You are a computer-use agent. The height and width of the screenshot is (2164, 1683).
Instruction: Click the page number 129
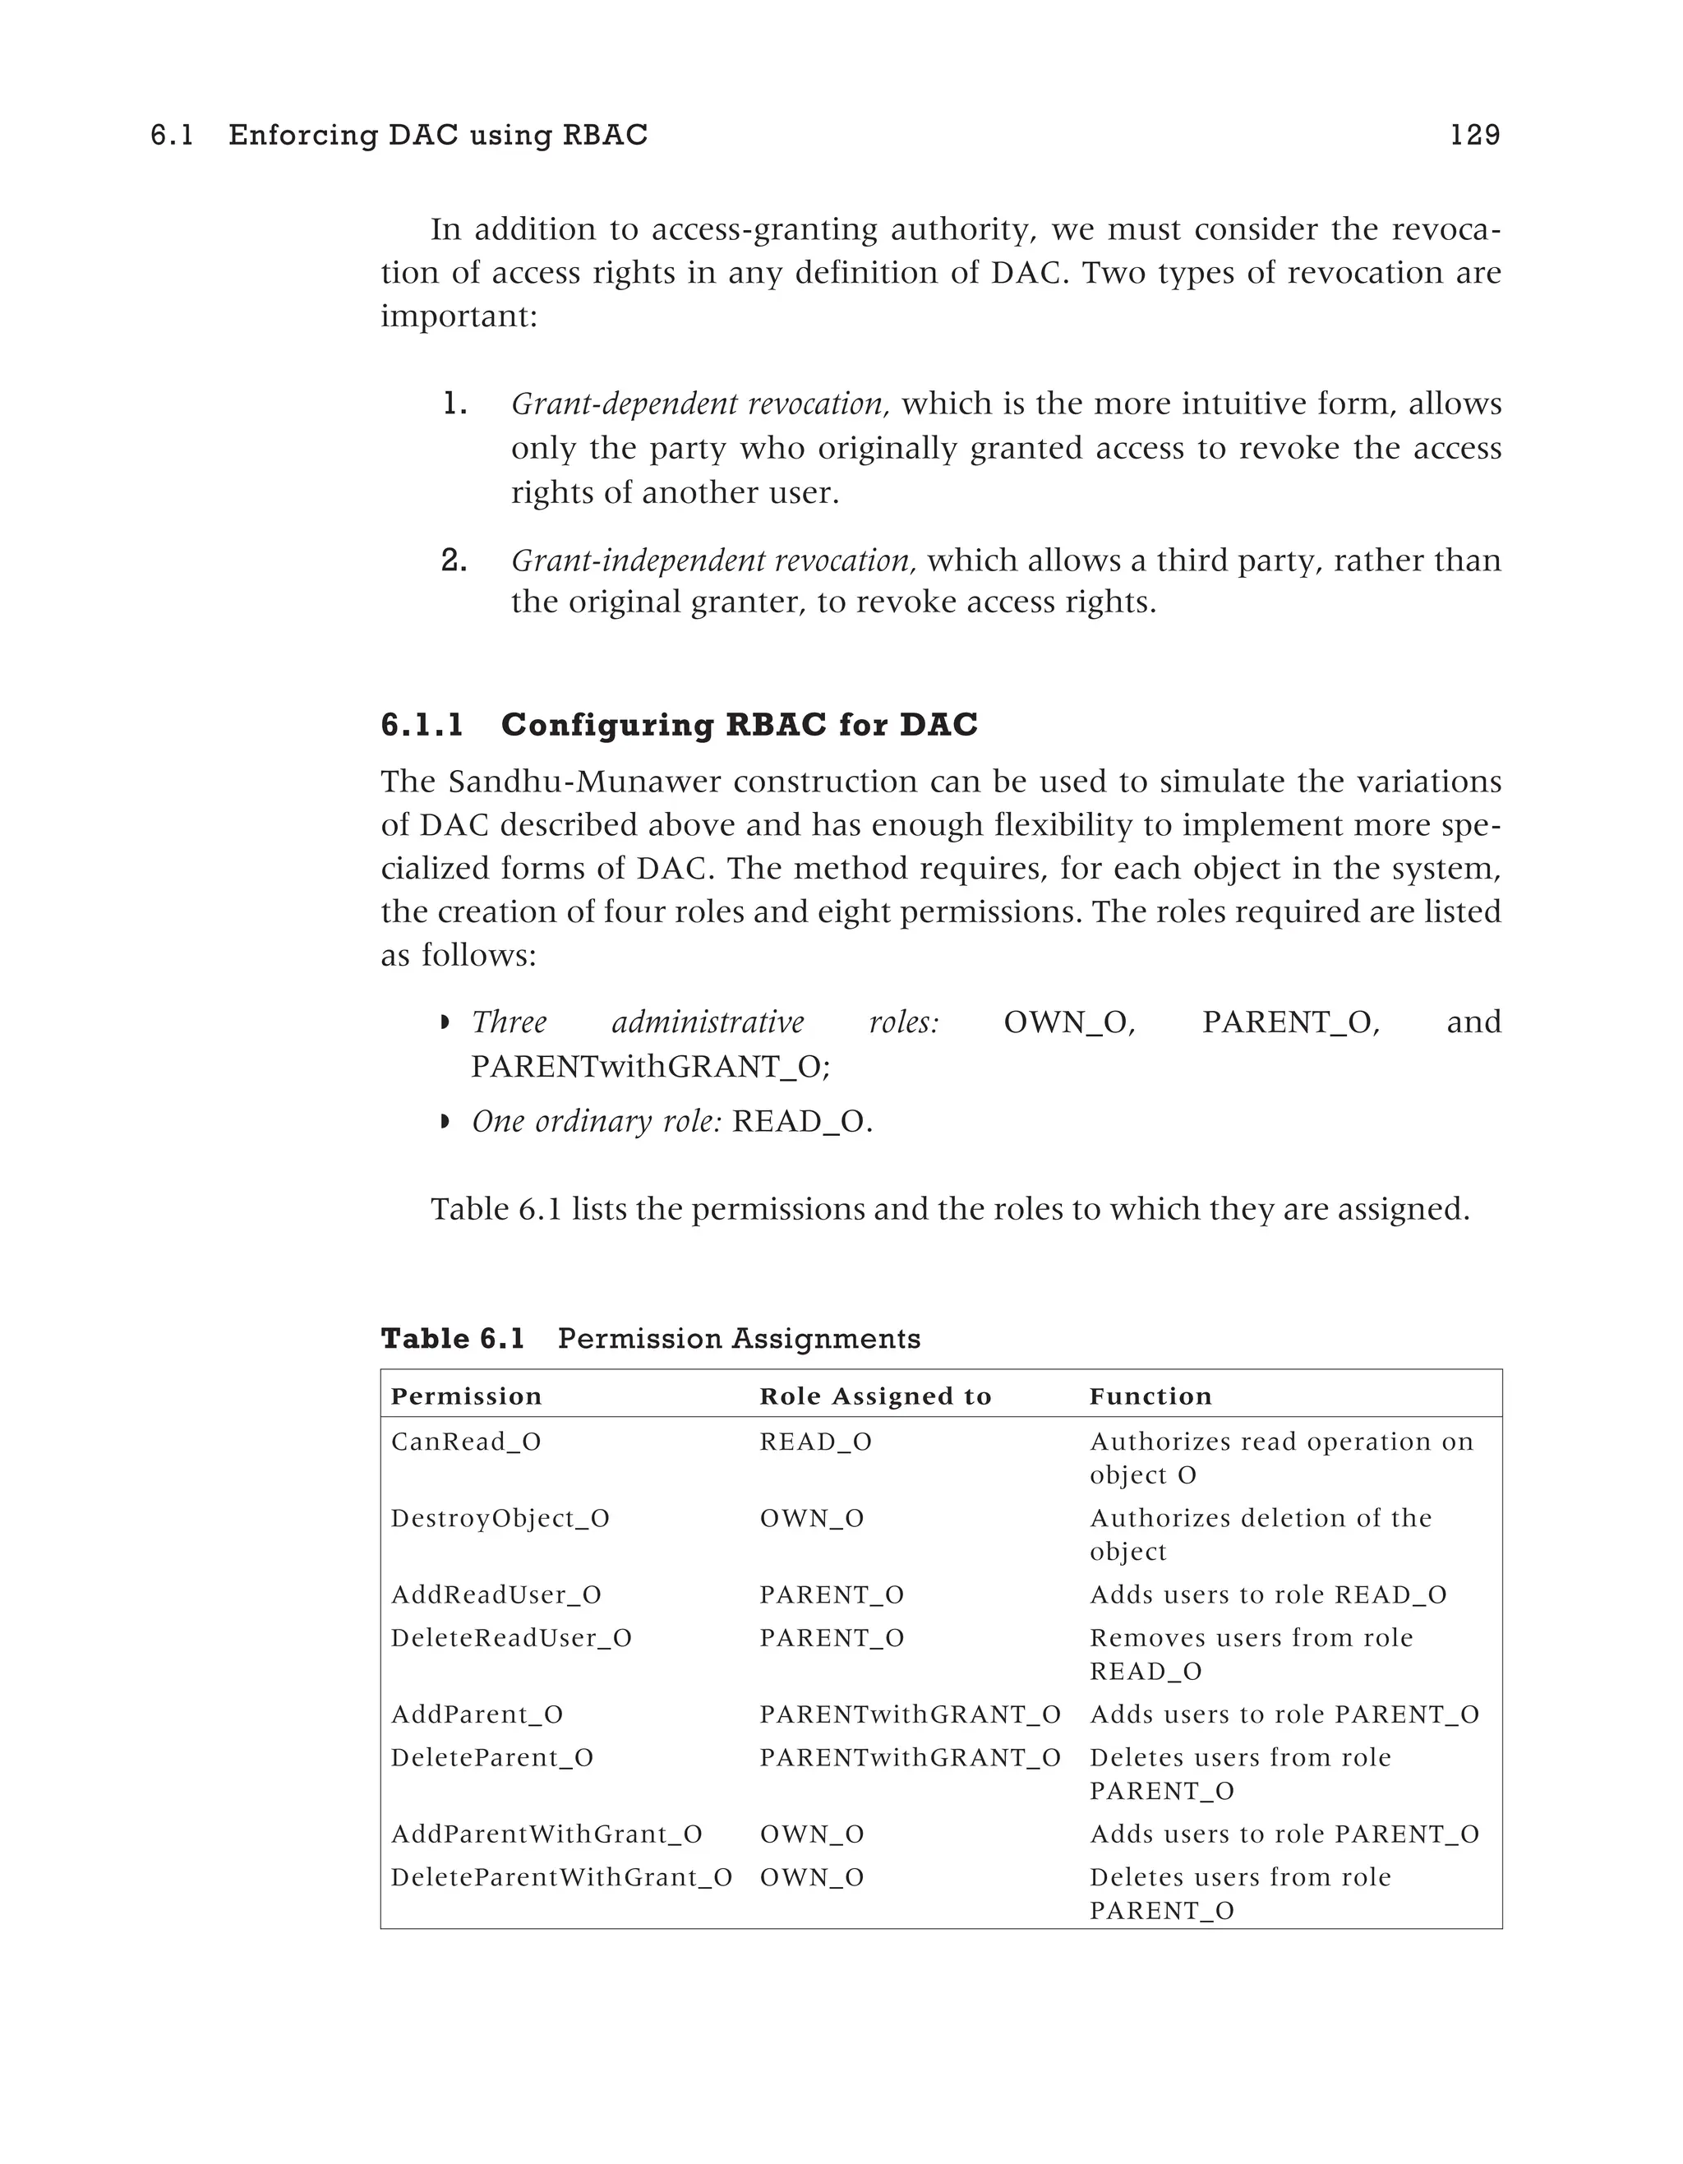pyautogui.click(x=1474, y=135)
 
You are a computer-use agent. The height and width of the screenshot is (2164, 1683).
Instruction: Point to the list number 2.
pyautogui.click(x=454, y=561)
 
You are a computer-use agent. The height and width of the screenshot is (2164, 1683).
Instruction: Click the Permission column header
pyautogui.click(x=467, y=1396)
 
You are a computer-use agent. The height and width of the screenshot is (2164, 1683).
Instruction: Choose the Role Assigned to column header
pyautogui.click(x=876, y=1396)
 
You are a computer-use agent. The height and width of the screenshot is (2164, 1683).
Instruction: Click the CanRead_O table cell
pyautogui.click(x=466, y=1442)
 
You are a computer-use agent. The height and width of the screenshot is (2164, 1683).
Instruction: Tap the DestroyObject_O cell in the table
pyautogui.click(x=500, y=1518)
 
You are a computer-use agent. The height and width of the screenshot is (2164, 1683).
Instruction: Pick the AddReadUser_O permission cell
pyautogui.click(x=496, y=1594)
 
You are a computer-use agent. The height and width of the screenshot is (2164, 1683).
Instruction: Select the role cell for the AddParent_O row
pyautogui.click(x=910, y=1714)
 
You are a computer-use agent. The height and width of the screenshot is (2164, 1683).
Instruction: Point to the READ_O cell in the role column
pyautogui.click(x=815, y=1442)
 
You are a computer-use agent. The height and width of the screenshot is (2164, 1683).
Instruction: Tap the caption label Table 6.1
pyautogui.click(x=453, y=1339)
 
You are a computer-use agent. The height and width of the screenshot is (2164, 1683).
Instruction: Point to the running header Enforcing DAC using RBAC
pyautogui.click(x=438, y=135)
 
